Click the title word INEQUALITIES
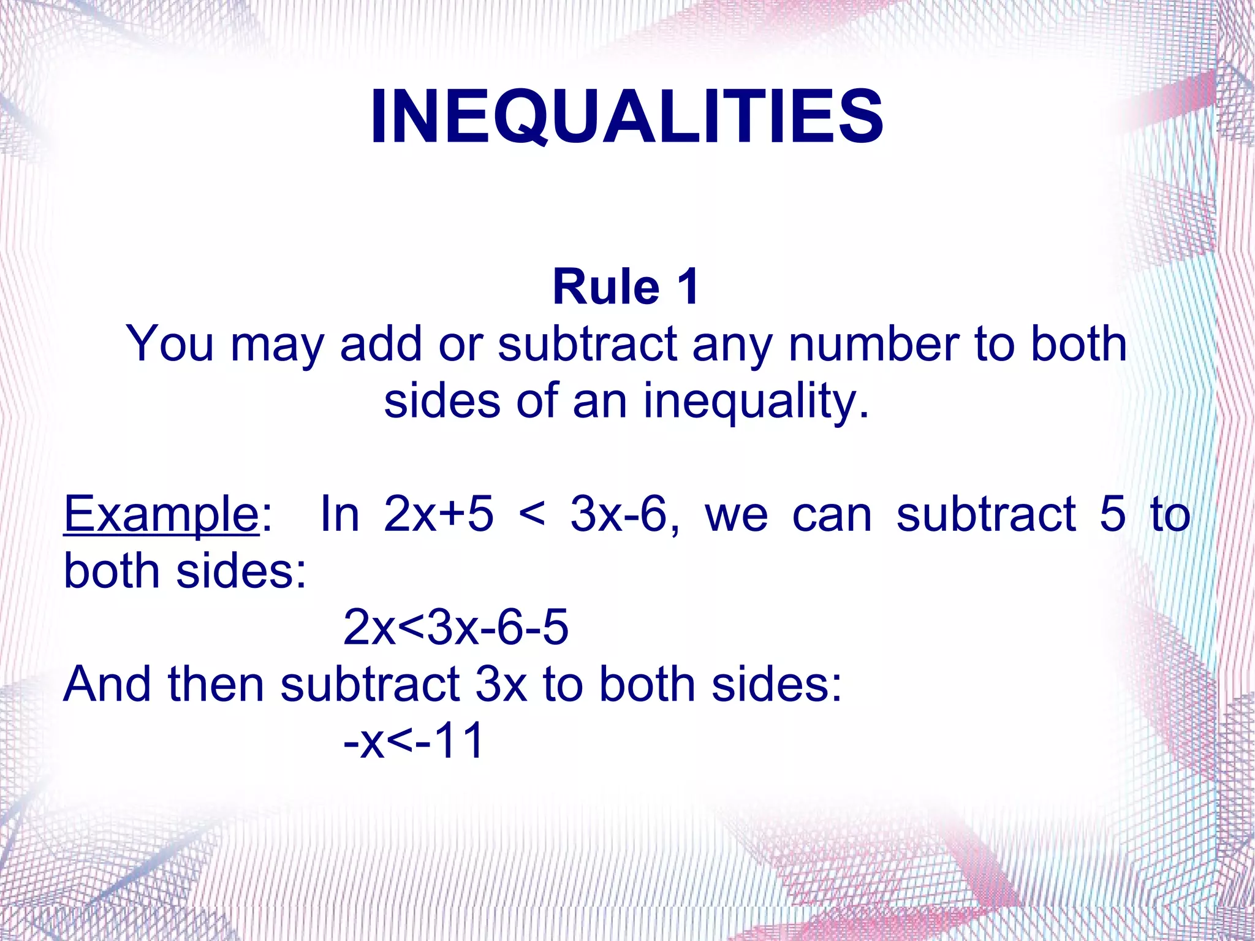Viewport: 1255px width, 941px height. pos(626,116)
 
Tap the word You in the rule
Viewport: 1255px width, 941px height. pos(170,344)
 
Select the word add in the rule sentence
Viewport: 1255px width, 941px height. pos(381,344)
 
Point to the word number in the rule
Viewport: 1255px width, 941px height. pos(874,344)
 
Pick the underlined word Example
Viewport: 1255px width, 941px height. pos(161,515)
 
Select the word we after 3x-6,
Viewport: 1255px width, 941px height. pos(736,515)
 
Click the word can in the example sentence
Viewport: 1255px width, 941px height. pos(832,515)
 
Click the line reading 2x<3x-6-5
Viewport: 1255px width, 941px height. pos(456,627)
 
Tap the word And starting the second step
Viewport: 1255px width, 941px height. pos(107,684)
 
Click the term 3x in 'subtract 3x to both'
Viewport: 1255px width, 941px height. pos(501,684)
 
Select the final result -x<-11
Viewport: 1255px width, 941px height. pos(414,741)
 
